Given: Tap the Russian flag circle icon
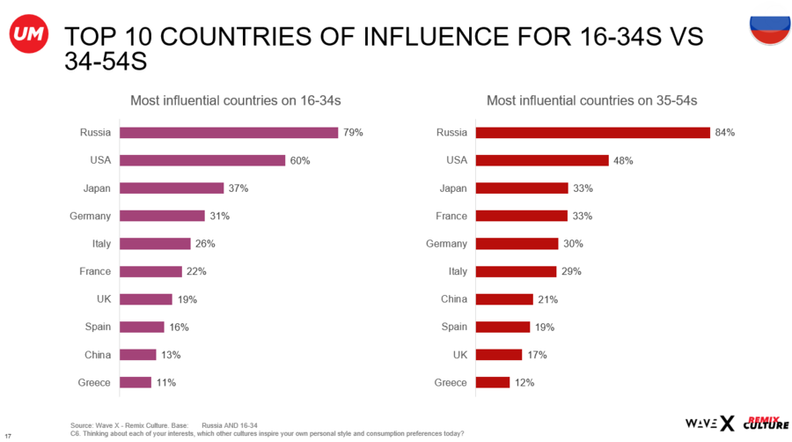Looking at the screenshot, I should coord(768,29).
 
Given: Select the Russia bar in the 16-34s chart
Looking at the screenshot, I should coord(229,133).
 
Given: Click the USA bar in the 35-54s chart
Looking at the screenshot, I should coord(542,160).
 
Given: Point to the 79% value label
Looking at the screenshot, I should coord(354,133).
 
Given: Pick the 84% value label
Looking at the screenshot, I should coord(725,133).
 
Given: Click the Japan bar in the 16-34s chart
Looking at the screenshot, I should coord(172,188).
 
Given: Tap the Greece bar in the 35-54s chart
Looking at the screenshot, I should coord(493,382).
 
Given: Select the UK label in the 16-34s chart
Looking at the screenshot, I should coord(104,299).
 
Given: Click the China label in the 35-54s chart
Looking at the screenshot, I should coord(454,299).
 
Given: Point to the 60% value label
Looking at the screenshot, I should coord(300,160).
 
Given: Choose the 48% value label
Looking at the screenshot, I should coord(623,160).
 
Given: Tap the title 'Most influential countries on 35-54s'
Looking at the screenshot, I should coord(591,101).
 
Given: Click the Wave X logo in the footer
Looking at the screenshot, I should coord(708,424).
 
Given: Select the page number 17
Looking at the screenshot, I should coord(8,436).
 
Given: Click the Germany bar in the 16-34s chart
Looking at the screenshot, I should coord(162,216).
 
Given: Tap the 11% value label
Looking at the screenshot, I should coord(165,382).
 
